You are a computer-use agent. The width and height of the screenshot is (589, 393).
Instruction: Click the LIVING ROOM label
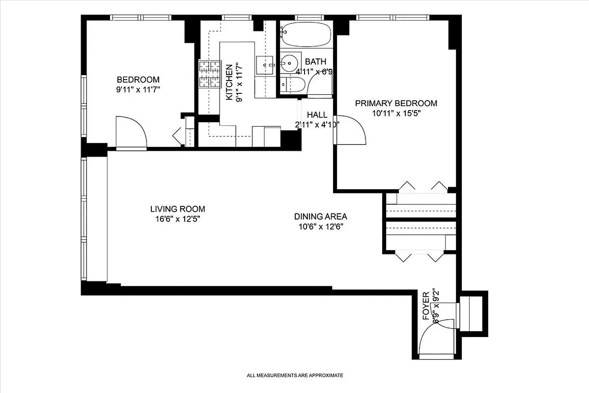(x=177, y=209)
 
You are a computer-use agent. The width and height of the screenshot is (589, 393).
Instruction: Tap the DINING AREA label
(x=320, y=217)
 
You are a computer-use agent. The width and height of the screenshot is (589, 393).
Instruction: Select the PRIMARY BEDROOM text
(x=396, y=103)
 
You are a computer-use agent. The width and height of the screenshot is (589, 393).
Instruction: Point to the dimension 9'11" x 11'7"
(x=138, y=90)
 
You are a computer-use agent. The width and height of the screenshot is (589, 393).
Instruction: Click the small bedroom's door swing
(x=131, y=132)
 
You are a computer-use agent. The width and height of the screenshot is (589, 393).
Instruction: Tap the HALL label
(x=317, y=114)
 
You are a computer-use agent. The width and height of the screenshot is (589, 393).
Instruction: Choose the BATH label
(x=315, y=62)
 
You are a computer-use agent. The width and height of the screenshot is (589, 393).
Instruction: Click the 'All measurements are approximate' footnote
(x=295, y=375)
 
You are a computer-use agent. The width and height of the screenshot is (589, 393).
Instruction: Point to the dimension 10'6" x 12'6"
(x=320, y=227)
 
